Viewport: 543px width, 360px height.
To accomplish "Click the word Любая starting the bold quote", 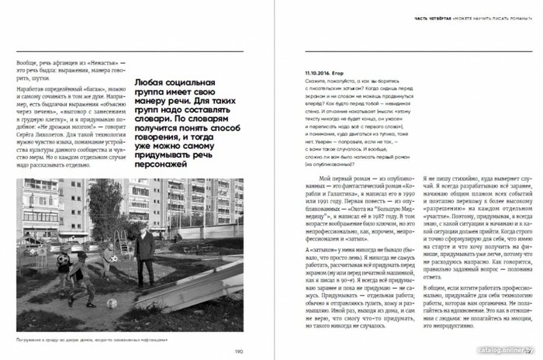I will [149, 81].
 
